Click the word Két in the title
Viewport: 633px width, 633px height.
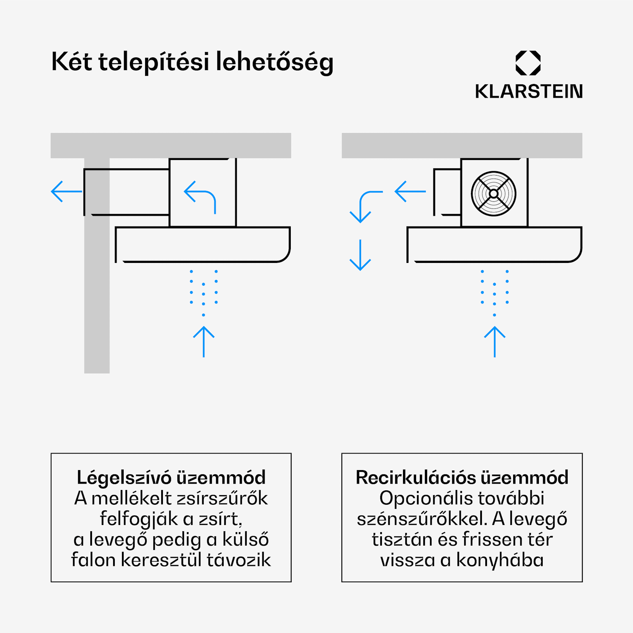click(x=71, y=62)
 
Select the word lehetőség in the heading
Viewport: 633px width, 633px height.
click(x=274, y=62)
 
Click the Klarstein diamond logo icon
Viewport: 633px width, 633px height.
click(x=528, y=63)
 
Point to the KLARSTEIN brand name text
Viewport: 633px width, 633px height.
click(x=528, y=92)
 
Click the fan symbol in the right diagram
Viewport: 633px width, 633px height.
click(x=493, y=194)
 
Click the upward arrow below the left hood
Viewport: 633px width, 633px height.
click(x=204, y=341)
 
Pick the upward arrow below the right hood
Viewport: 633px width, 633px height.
click(x=495, y=341)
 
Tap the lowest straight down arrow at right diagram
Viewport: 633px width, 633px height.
click(x=360, y=255)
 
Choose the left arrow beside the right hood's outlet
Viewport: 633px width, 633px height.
click(x=410, y=192)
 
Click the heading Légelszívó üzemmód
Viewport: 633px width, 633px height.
click(x=171, y=478)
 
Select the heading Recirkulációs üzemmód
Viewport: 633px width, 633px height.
click(x=462, y=478)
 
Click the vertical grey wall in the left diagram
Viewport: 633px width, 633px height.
click(x=97, y=295)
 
